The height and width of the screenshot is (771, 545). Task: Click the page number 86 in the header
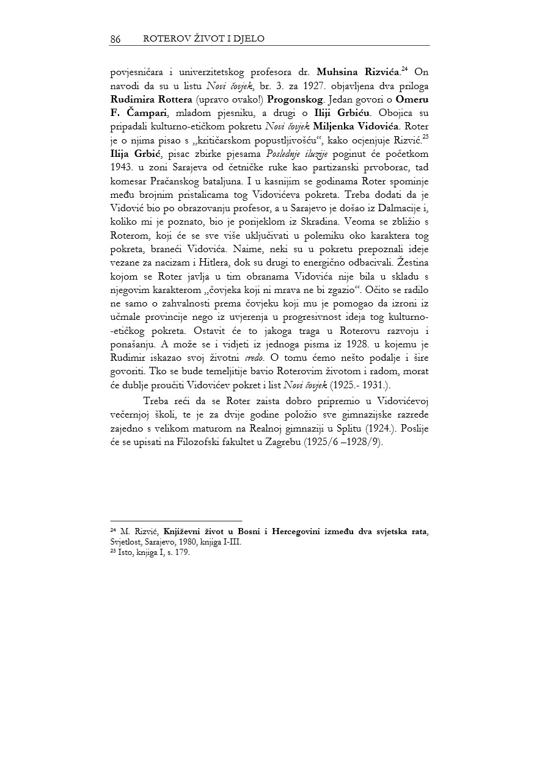tap(115, 39)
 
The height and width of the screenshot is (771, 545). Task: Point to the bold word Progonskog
tap(296, 100)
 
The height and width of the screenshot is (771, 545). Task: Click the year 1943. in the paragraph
tap(122, 167)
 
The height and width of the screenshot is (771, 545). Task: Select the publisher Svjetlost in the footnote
tap(124, 541)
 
